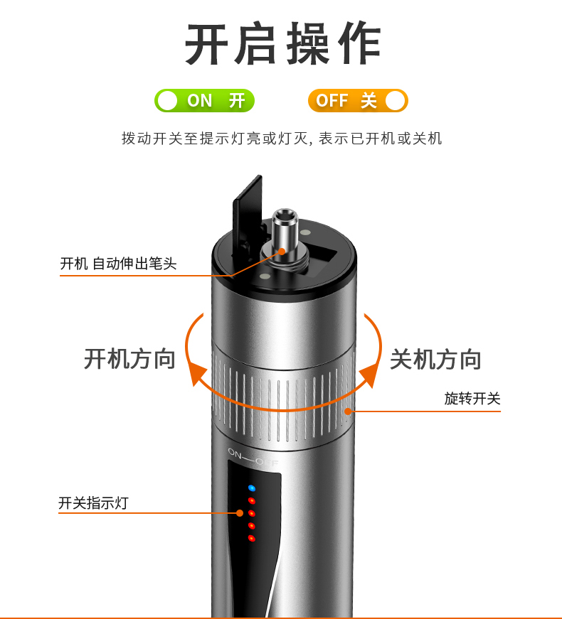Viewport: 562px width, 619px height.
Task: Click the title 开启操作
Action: (x=282, y=43)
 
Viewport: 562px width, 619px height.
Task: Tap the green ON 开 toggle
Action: (x=204, y=101)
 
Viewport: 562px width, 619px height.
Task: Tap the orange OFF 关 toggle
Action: (x=358, y=101)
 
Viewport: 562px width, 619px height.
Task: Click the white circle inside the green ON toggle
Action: (x=167, y=101)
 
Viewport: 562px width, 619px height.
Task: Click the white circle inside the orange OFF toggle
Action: (x=396, y=101)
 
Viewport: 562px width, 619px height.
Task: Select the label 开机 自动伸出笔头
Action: (x=118, y=264)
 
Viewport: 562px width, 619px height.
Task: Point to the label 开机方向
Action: (x=129, y=359)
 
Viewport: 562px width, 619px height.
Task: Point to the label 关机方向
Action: (x=435, y=359)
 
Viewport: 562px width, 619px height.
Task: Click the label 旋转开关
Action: (x=472, y=398)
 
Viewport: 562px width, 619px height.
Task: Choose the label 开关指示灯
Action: (x=93, y=503)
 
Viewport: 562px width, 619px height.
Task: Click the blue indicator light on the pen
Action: (x=252, y=488)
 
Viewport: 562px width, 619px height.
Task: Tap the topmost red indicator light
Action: (x=252, y=501)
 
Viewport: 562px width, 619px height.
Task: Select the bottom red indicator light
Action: (x=252, y=538)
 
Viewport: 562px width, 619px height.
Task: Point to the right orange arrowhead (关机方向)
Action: (x=369, y=376)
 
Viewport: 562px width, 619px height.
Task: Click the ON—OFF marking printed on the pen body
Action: (x=253, y=458)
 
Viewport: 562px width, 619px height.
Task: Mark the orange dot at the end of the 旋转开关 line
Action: (x=348, y=411)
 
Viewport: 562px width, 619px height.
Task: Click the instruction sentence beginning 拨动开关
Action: (x=282, y=139)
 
